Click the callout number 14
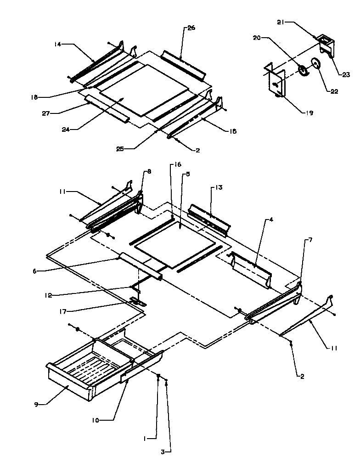pos(57,45)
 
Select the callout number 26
pos(191,28)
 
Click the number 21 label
pos(281,22)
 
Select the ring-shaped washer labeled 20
pos(303,70)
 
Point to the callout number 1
pos(146,439)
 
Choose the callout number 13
pos(219,188)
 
